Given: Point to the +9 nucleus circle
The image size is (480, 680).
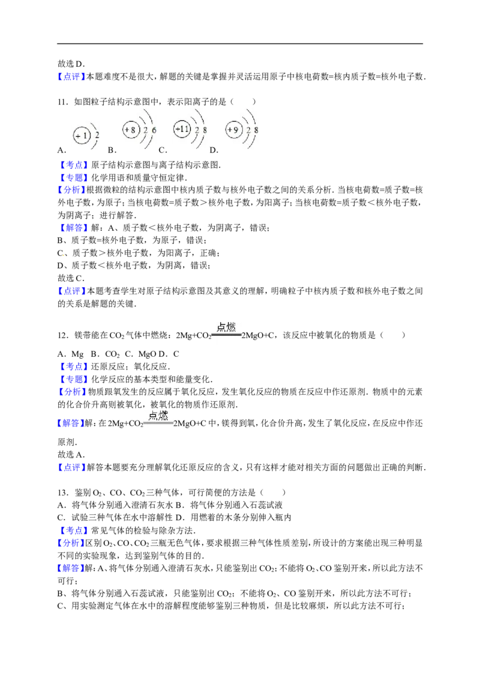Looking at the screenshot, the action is pos(232,129).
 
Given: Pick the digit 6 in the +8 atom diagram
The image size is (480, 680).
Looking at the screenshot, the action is pos(154,130).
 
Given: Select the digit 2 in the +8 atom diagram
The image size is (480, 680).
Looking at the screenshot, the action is pos(145,130).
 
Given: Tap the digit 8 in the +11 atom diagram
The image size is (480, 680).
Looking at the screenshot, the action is pos(205,130).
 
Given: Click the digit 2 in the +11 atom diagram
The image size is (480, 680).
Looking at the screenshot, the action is pos(196,130).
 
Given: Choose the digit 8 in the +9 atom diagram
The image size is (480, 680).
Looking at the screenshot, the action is pos(256,130).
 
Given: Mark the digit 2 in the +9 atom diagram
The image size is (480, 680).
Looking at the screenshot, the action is pos(247,130).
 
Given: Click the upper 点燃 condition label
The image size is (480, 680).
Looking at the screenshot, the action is pos(226,327).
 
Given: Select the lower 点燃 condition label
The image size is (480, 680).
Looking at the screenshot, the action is pos(158,415).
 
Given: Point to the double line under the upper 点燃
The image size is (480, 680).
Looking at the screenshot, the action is pos(226,335).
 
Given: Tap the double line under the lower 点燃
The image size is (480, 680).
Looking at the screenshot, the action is pos(158,423).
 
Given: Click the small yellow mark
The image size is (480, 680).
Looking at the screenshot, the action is pos(64,257).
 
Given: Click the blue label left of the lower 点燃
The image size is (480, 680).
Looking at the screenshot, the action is pos(71,423).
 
